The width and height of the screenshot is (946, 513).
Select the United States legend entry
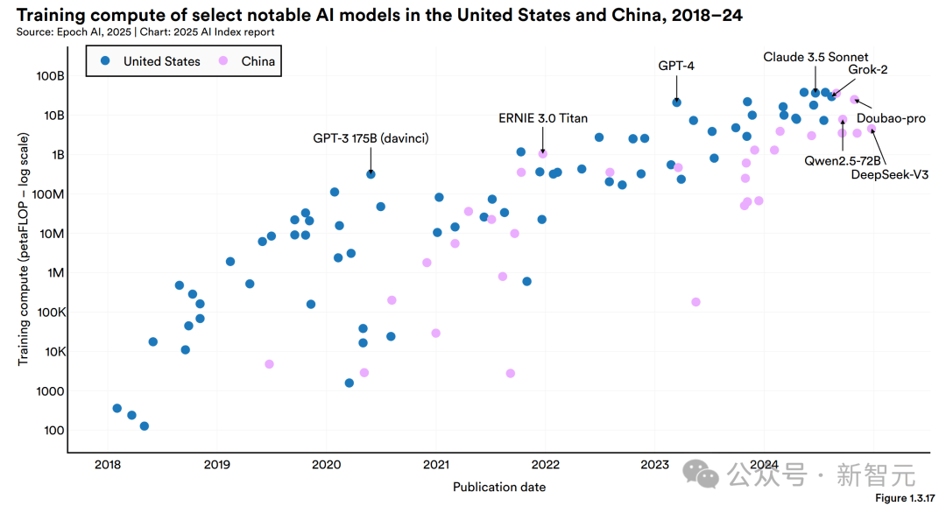tap(161, 61)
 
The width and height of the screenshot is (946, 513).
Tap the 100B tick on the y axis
tap(50, 76)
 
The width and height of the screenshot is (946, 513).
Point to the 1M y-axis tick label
tap(54, 273)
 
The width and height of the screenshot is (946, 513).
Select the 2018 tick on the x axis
tap(108, 464)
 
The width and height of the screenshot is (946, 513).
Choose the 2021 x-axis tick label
tap(436, 464)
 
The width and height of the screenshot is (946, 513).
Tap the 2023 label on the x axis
tap(655, 464)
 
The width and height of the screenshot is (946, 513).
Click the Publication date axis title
tap(499, 487)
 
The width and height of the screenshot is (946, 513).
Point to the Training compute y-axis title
tap(24, 249)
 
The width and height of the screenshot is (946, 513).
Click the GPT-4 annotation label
tap(676, 66)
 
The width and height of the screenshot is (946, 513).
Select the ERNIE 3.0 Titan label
tap(543, 118)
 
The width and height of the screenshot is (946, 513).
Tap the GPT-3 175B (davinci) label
tap(371, 138)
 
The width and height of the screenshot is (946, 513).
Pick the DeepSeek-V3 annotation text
tap(889, 174)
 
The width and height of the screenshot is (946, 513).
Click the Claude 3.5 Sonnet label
tap(815, 57)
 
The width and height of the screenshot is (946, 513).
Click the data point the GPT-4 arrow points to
tap(676, 102)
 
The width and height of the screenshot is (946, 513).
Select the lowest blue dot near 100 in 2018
tap(145, 426)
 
